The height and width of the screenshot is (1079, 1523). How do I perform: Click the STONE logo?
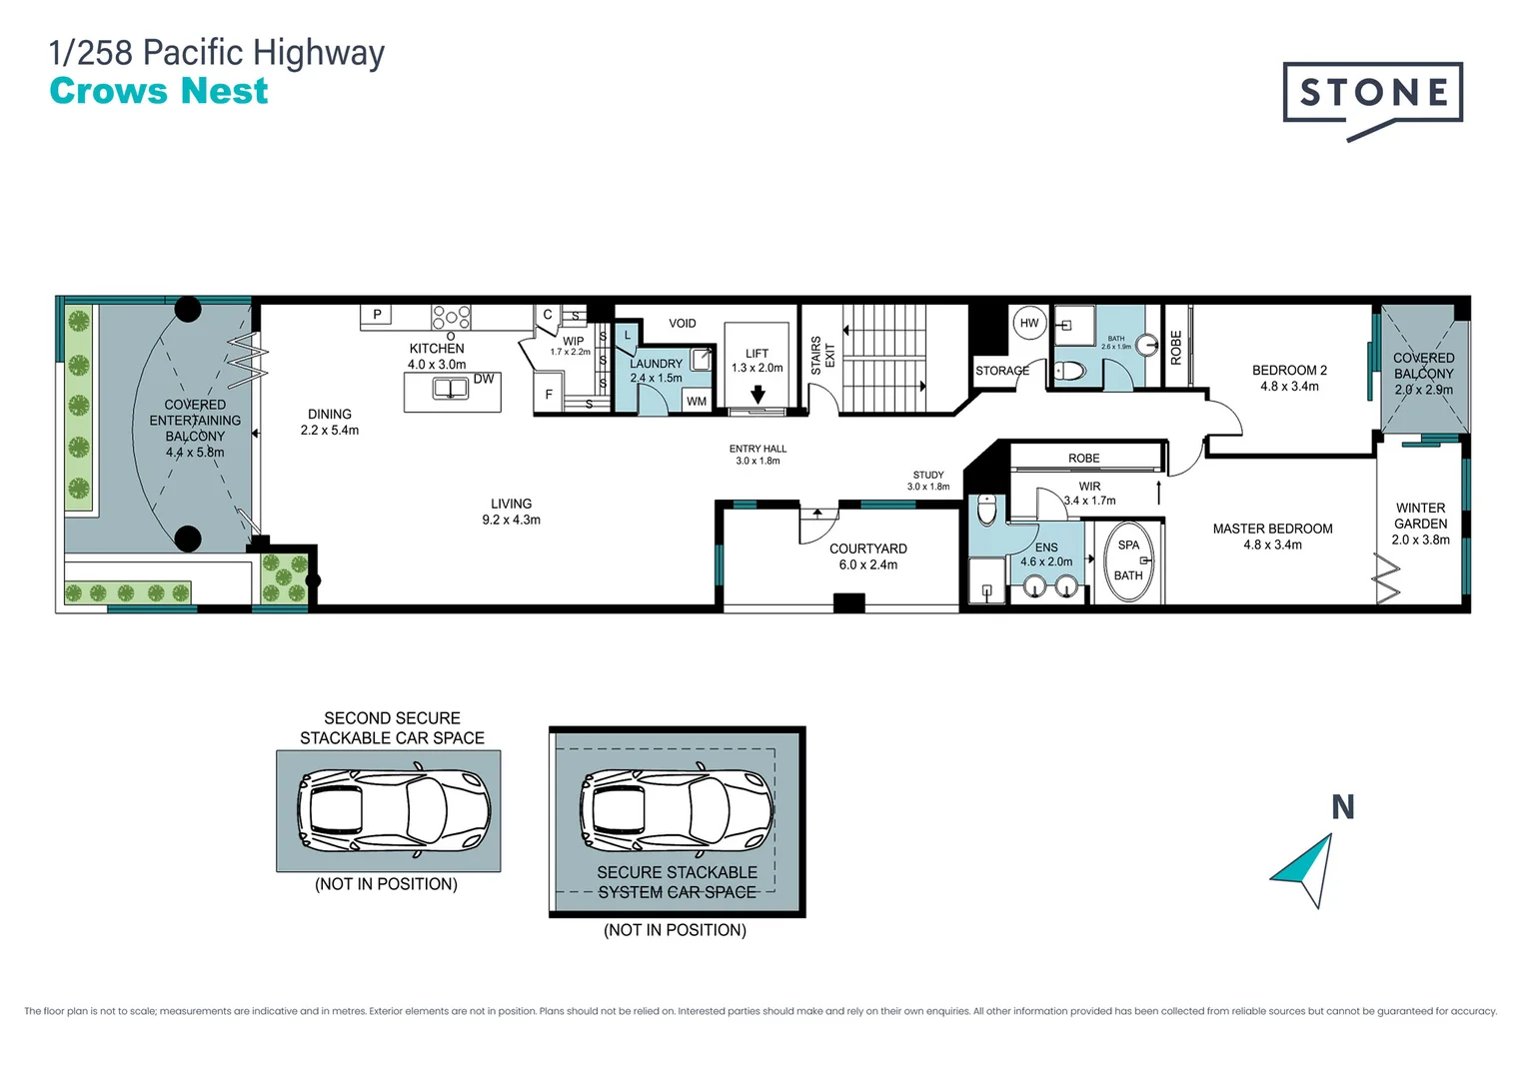pyautogui.click(x=1372, y=94)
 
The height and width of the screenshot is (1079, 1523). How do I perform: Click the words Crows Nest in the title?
pyautogui.click(x=159, y=91)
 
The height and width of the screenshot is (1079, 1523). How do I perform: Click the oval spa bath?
pyautogui.click(x=1128, y=561)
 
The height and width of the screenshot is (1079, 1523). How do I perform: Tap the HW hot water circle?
pyautogui.click(x=1029, y=323)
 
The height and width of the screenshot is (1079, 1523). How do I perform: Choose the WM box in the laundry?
pyautogui.click(x=697, y=401)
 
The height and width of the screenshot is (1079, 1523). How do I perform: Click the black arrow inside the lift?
pyautogui.click(x=758, y=394)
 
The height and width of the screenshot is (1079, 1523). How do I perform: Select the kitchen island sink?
pyautogui.click(x=451, y=389)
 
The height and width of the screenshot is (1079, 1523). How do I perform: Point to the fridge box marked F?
pyautogui.click(x=549, y=394)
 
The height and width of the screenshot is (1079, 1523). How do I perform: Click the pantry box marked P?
pyautogui.click(x=377, y=315)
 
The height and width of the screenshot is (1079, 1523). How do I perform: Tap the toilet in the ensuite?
pyautogui.click(x=987, y=510)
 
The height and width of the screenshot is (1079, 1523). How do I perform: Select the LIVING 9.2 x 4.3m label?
pyautogui.click(x=511, y=512)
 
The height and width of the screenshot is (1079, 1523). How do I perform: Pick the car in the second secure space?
pyautogui.click(x=393, y=809)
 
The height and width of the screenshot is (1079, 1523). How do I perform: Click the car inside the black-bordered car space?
pyautogui.click(x=677, y=809)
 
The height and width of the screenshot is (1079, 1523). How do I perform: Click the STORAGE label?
pyautogui.click(x=1001, y=371)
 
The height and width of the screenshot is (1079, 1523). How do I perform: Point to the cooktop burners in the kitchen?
pyautogui.click(x=451, y=317)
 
